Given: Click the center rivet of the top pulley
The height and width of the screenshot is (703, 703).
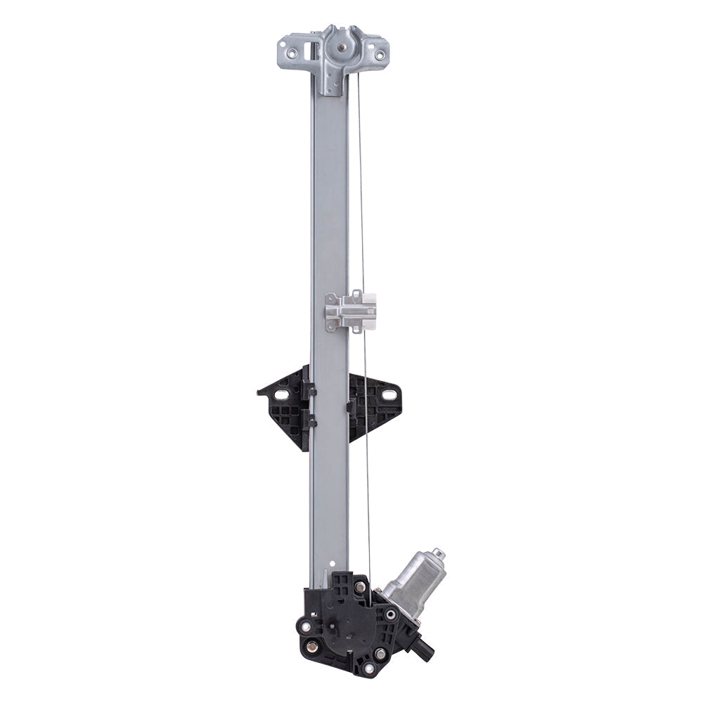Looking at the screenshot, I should click(x=342, y=47).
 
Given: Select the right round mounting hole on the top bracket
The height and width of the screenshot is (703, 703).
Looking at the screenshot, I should click(x=380, y=55).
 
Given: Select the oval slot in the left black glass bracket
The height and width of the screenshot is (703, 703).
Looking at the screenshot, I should click(x=281, y=394).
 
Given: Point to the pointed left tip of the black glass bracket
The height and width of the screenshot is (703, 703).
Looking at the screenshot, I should click(x=260, y=392).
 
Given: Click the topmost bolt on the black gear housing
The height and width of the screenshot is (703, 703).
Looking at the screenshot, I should click(x=360, y=586).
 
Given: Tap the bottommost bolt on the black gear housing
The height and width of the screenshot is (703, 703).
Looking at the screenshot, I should click(x=368, y=668).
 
